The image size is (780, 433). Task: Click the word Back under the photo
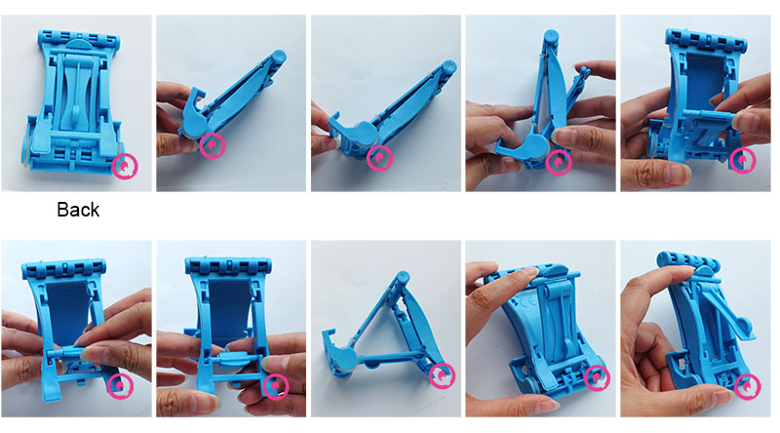coord(78,210)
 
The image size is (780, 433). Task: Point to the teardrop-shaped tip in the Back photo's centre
coord(76,114)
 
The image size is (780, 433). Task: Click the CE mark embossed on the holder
coord(521,302)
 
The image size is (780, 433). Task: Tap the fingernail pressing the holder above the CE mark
coord(530,270)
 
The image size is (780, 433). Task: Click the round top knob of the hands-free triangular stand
coord(402,277)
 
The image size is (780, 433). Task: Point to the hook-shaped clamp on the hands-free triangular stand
coord(338,348)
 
